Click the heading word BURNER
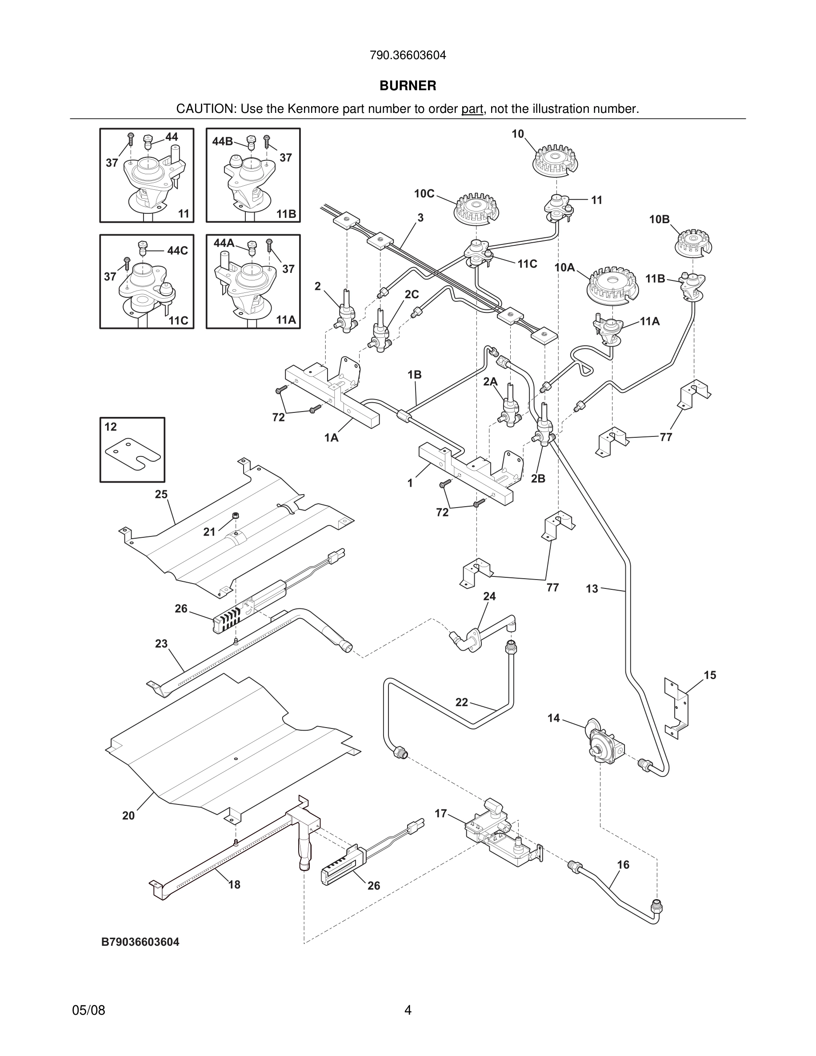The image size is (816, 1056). (x=408, y=86)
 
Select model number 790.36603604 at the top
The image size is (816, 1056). (x=408, y=56)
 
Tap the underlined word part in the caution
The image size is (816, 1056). (x=472, y=109)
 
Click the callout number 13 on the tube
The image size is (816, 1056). (x=592, y=589)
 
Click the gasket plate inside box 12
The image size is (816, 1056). (x=133, y=453)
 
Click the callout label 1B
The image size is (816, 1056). (x=414, y=375)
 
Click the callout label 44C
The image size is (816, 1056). (x=177, y=251)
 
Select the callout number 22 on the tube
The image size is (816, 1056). (x=462, y=702)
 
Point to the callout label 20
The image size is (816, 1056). (x=128, y=816)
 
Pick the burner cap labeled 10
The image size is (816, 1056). (x=556, y=160)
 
